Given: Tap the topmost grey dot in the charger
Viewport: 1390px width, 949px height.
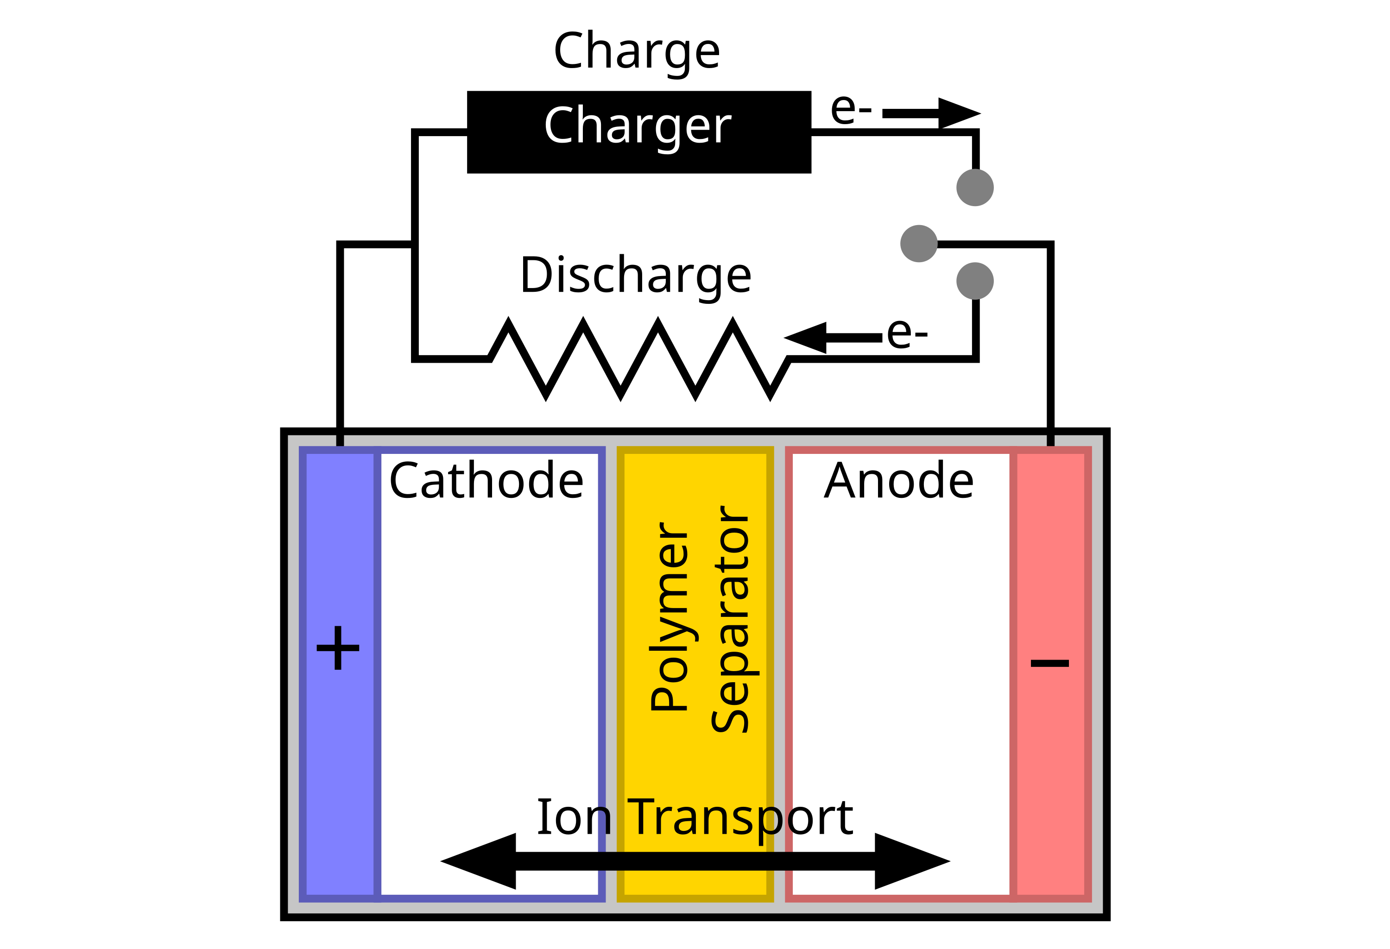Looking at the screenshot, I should tap(975, 188).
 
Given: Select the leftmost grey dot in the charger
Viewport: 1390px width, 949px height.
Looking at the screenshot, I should tap(919, 243).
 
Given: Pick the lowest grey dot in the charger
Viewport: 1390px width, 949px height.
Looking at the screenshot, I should tap(975, 281).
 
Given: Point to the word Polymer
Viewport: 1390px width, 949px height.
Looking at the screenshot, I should tap(670, 616).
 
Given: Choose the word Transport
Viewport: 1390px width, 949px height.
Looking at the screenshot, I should tap(740, 818).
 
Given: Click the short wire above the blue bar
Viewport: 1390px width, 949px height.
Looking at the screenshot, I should tap(340, 441).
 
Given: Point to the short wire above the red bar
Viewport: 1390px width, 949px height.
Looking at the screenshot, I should tap(1051, 441).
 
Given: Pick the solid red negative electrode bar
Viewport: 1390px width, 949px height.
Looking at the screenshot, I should tap(1051, 777).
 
